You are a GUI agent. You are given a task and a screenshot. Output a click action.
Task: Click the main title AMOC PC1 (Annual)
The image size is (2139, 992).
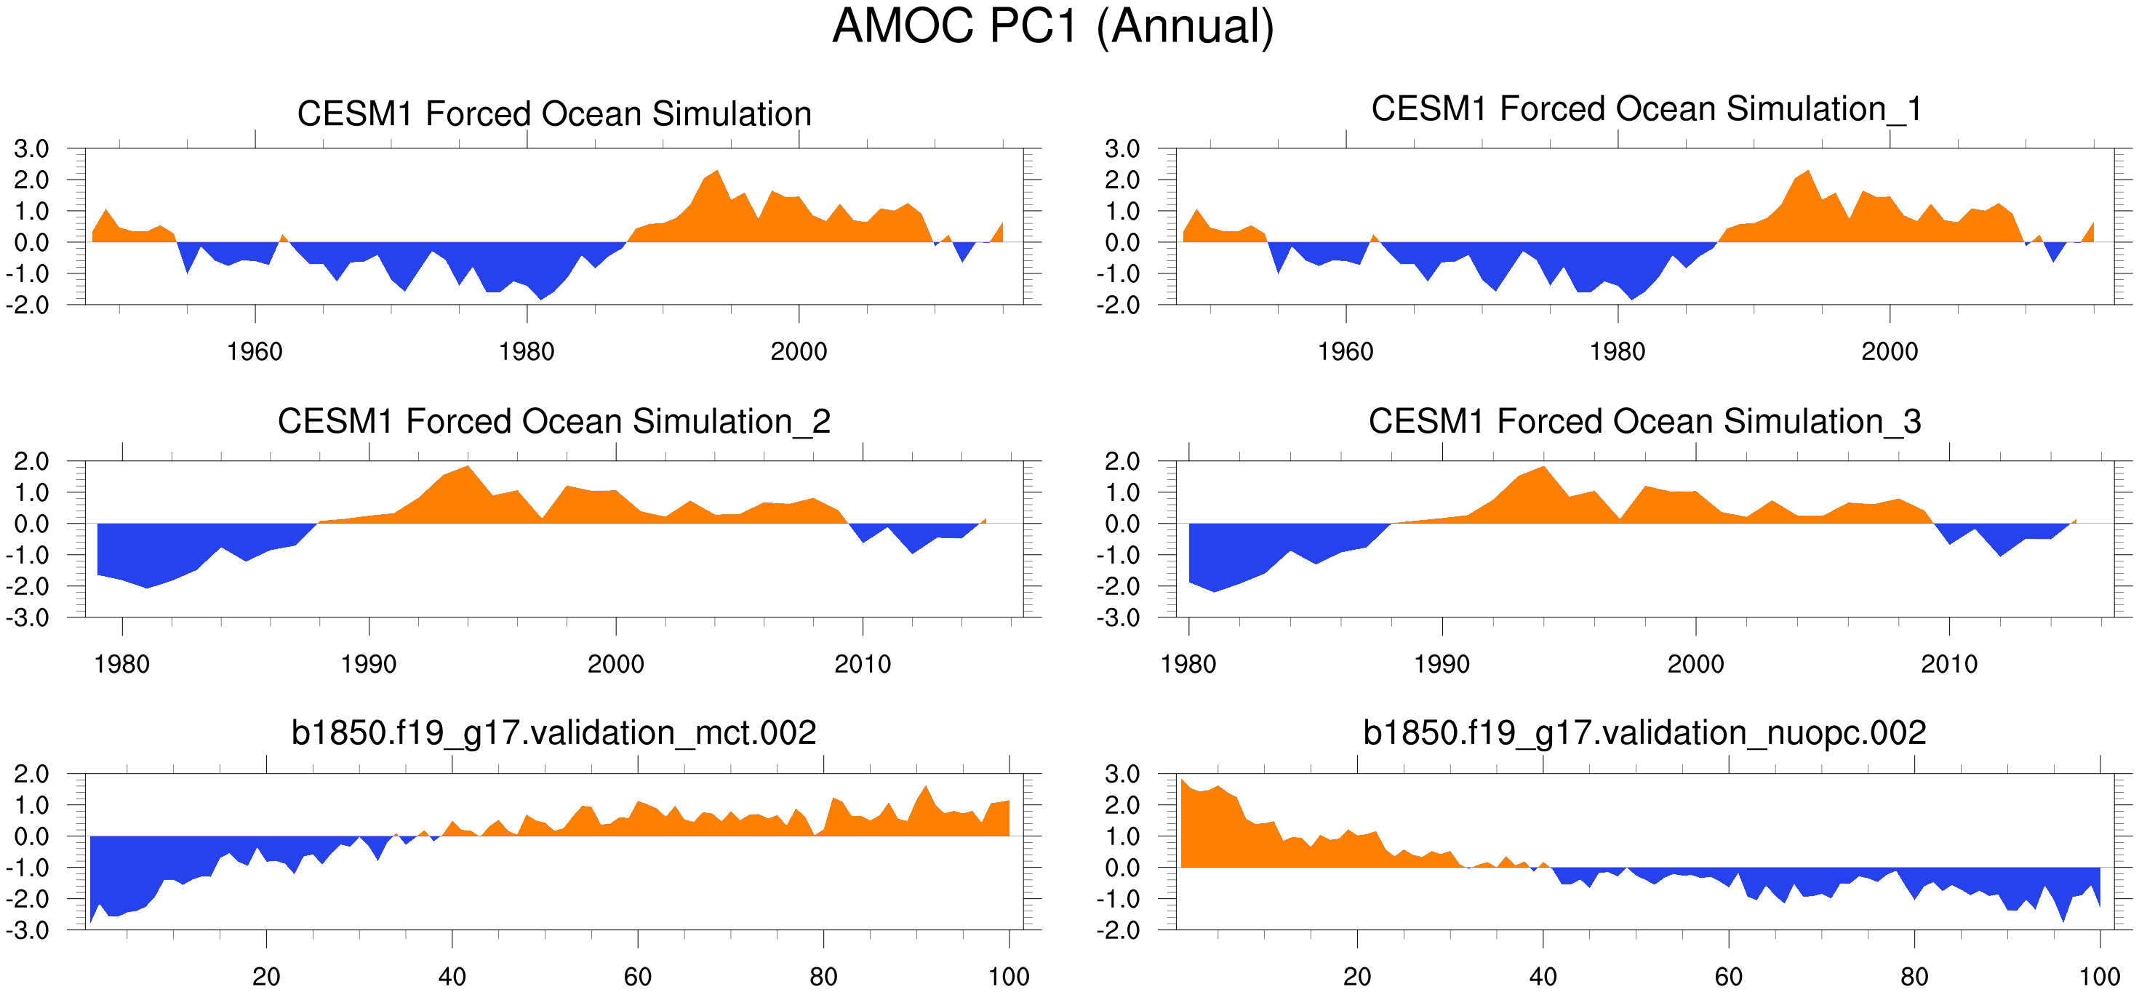[1053, 27]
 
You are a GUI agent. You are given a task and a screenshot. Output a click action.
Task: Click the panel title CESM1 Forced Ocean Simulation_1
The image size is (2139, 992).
[1646, 110]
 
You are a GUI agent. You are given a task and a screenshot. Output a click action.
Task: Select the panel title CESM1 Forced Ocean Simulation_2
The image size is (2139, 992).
[554, 422]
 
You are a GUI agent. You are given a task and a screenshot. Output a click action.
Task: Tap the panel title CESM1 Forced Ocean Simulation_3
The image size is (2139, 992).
[1644, 422]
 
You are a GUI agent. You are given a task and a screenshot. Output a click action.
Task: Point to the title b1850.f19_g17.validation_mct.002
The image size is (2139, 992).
[554, 733]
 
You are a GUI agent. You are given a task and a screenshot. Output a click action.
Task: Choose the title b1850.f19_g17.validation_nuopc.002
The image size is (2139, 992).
[1644, 733]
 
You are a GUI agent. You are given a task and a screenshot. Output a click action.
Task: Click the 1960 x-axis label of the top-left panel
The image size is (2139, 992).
[255, 351]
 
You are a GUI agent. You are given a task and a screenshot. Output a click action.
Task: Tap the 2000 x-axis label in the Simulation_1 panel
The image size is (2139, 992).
[1889, 351]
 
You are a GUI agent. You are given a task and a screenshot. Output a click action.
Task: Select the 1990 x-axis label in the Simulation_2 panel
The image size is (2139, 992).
[369, 664]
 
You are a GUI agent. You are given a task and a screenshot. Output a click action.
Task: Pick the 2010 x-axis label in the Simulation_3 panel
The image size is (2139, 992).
[1949, 664]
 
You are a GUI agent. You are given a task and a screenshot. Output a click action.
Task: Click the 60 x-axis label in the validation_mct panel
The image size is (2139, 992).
[638, 976]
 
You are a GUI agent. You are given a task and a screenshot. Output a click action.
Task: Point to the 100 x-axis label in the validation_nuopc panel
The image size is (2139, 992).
[2099, 976]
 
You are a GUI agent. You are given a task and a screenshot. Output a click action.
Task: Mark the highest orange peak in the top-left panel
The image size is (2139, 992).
[716, 171]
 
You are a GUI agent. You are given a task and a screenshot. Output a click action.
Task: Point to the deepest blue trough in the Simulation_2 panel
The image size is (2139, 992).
[147, 588]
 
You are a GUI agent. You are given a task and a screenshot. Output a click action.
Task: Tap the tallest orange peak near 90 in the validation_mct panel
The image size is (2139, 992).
[925, 786]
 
